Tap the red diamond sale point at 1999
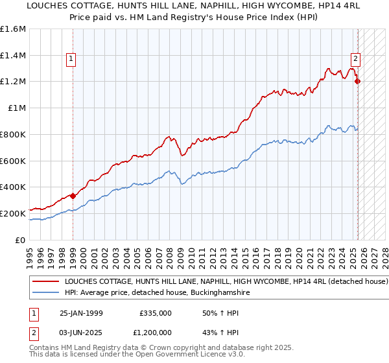click(x=73, y=195)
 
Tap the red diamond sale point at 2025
click(x=357, y=81)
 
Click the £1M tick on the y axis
click(x=16, y=108)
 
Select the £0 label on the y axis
click(x=19, y=239)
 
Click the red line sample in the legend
click(x=45, y=282)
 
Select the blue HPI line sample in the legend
click(x=45, y=293)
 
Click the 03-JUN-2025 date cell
click(x=81, y=334)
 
